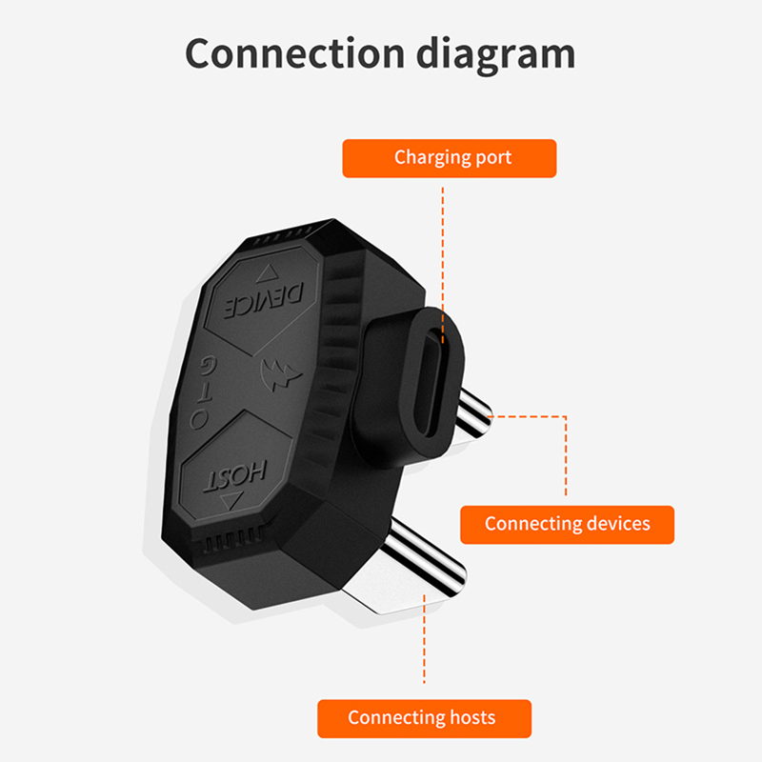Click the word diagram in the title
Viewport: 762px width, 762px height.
[x=495, y=54]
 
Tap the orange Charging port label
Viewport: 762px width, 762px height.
[x=449, y=158]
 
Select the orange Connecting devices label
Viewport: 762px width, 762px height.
[x=567, y=524]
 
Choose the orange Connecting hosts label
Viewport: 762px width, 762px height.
[x=424, y=717]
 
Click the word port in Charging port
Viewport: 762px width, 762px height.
[x=493, y=158]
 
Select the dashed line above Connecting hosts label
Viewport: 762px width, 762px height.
[x=424, y=648]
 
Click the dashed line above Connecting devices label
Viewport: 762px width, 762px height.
[x=566, y=457]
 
